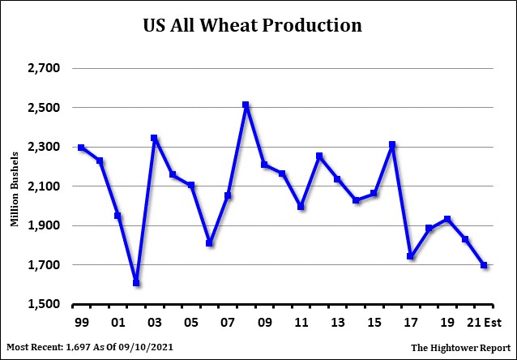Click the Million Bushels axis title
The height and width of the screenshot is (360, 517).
[x=15, y=187]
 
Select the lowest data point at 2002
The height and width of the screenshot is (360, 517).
[x=136, y=283]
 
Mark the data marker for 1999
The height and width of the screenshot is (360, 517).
[x=81, y=148]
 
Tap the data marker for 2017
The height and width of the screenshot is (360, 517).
[x=411, y=256]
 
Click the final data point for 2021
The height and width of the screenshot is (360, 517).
[x=484, y=265]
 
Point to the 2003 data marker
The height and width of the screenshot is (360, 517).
[x=153, y=138]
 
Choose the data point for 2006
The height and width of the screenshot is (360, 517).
[x=209, y=243]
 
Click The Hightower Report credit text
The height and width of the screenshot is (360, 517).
[x=459, y=348]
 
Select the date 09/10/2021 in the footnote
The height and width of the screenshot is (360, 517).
[x=146, y=348]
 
